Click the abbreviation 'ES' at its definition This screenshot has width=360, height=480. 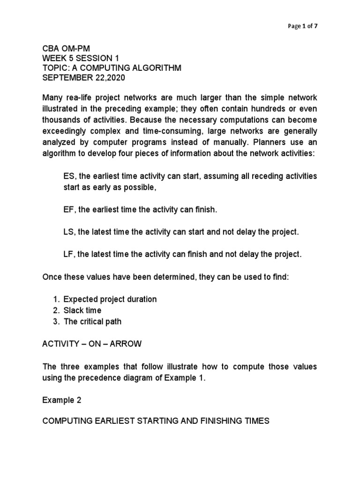click(x=68, y=176)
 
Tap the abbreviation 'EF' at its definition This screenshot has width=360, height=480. click(x=68, y=210)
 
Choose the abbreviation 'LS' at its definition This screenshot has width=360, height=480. click(x=68, y=232)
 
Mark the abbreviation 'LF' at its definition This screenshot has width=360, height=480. click(x=68, y=255)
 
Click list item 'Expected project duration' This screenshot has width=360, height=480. click(x=110, y=299)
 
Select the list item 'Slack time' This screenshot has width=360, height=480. click(x=82, y=310)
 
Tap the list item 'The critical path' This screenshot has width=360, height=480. click(x=92, y=322)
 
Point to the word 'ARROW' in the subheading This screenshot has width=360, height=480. click(x=127, y=344)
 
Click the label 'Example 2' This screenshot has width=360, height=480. click(x=61, y=400)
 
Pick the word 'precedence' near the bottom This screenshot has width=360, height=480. click(x=112, y=378)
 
